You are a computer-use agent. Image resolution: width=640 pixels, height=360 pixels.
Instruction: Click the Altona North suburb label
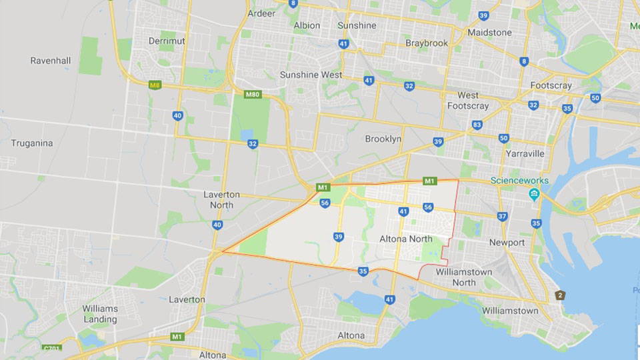[406, 239]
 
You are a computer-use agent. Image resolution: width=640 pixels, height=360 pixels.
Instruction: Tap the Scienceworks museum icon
[534, 195]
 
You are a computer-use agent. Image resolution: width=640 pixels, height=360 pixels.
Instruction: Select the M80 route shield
[252, 94]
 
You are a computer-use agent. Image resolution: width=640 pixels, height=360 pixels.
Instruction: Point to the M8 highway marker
[155, 85]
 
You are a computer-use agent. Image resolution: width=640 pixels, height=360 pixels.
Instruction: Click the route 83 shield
[477, 125]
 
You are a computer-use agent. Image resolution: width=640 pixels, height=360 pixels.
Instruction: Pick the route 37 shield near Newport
[502, 216]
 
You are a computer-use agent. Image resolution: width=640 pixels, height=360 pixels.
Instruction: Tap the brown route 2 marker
[560, 295]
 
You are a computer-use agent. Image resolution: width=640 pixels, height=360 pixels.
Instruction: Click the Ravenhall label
[51, 61]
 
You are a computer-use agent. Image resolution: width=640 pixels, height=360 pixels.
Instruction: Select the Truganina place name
[31, 143]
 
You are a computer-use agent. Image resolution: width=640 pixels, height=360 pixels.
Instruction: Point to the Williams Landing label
[100, 313]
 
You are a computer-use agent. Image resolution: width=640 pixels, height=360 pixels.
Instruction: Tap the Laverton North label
[221, 199]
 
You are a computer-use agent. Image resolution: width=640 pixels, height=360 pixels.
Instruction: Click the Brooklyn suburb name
[383, 139]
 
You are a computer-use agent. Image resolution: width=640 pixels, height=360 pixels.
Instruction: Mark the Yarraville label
[525, 153]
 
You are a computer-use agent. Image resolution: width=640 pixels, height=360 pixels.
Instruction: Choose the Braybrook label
[427, 43]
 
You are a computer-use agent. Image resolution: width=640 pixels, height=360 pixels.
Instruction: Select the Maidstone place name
[489, 32]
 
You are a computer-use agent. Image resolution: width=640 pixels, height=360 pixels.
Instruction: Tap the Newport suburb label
[507, 242]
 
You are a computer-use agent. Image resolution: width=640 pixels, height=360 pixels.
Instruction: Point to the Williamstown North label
[465, 277]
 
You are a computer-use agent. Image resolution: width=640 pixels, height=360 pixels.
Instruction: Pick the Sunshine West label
[311, 75]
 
